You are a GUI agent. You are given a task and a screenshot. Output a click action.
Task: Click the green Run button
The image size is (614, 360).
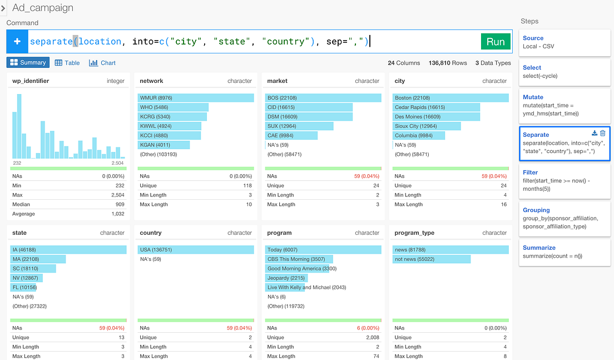tap(495, 42)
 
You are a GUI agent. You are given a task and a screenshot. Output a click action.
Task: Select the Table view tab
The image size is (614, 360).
tap(67, 63)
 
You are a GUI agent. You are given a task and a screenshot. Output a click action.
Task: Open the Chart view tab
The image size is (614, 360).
tap(102, 63)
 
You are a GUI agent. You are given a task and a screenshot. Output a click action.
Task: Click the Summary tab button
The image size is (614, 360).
tap(28, 63)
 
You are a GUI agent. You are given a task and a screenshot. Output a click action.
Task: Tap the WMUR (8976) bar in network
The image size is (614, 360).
tap(196, 98)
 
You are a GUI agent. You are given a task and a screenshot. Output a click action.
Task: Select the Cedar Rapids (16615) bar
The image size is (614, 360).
tap(436, 107)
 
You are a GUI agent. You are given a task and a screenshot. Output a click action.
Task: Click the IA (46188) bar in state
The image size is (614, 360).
tap(68, 250)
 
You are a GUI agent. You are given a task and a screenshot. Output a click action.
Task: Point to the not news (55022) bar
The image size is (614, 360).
tap(431, 259)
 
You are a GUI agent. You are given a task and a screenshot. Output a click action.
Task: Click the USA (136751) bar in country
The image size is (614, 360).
tap(196, 250)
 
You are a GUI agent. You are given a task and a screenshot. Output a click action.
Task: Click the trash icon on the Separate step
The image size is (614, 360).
tap(603, 134)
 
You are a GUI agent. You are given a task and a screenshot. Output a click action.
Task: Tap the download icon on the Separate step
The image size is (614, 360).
tap(595, 134)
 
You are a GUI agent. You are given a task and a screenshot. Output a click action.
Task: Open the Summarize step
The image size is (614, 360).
tap(564, 251)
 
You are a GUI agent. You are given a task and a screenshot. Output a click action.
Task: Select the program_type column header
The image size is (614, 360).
tap(414, 233)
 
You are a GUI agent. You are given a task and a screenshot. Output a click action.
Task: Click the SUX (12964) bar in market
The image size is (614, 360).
tap(300, 126)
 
